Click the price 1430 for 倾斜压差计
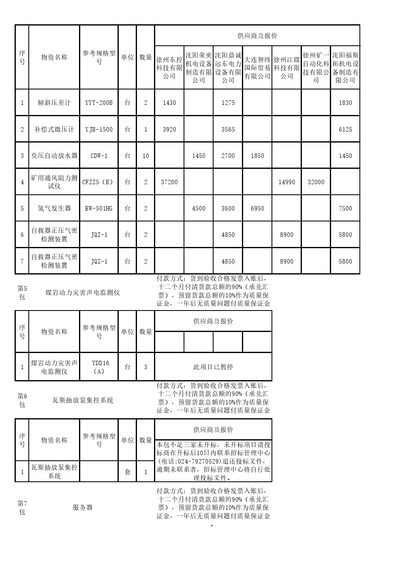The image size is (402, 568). [x=169, y=103]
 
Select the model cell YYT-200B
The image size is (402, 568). [x=99, y=103]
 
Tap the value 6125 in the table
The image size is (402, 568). [x=345, y=130]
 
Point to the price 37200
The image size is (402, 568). [x=169, y=182]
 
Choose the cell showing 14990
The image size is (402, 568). [x=287, y=182]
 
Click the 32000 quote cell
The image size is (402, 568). [x=316, y=182]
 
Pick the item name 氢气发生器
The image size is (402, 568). [x=54, y=208]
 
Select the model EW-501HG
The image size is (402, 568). [x=99, y=208]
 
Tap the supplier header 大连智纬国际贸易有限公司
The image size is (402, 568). [x=257, y=68]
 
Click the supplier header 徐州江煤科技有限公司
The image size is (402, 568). [x=287, y=68]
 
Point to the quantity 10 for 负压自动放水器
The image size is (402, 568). [x=145, y=156]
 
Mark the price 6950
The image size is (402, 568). [x=257, y=208]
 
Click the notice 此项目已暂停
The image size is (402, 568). [x=213, y=367]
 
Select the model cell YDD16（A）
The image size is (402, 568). [x=99, y=367]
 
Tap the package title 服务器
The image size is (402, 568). [x=83, y=508]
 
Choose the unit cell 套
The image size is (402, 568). [x=128, y=472]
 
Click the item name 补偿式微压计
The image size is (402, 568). [x=54, y=130]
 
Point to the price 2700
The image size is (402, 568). [x=228, y=156]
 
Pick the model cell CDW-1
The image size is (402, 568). [x=99, y=156]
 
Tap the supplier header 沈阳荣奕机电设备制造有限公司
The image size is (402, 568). [x=199, y=68]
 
